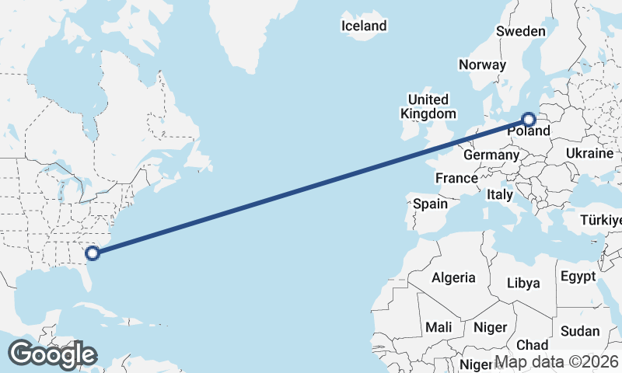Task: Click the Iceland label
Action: click(364, 26)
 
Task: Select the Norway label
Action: click(482, 64)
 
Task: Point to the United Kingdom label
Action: click(428, 106)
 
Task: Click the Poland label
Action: click(529, 131)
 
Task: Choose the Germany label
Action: click(491, 155)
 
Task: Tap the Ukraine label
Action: click(590, 153)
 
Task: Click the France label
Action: click(456, 179)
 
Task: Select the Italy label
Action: click(500, 195)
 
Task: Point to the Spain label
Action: click(430, 204)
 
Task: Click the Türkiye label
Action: click(601, 221)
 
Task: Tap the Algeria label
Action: click(453, 277)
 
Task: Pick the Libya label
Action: click(522, 283)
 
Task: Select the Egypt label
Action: click(577, 276)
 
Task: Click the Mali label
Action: click(439, 327)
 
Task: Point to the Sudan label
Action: click(580, 331)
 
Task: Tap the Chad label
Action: click(532, 344)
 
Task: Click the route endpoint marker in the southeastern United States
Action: click(92, 253)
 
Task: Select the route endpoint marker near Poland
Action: click(529, 120)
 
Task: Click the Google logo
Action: click(51, 354)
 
